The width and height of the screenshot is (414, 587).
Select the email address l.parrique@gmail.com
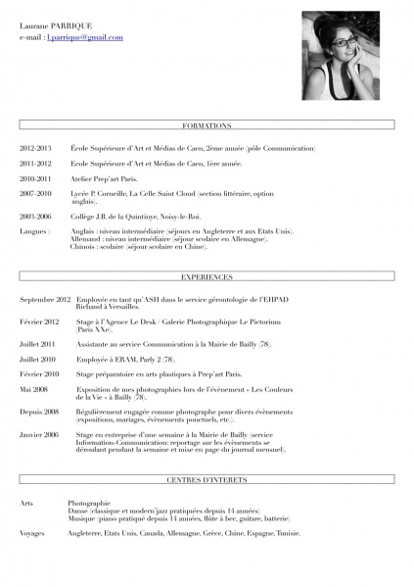point(85,37)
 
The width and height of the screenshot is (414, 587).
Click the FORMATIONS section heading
point(207,126)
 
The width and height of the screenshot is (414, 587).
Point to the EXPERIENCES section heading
point(207,277)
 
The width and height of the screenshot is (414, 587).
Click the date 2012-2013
point(35,148)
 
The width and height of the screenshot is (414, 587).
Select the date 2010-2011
point(35,179)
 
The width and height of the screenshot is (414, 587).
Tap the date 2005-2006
point(35,216)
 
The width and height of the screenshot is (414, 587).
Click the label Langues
point(34,231)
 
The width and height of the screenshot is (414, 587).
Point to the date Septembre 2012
point(45,299)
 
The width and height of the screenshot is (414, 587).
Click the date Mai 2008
point(33,389)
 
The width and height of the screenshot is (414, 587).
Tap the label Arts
point(26,503)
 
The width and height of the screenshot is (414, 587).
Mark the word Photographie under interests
point(89,503)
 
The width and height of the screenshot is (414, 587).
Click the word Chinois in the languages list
point(84,247)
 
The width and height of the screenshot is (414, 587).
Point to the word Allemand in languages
point(86,239)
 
